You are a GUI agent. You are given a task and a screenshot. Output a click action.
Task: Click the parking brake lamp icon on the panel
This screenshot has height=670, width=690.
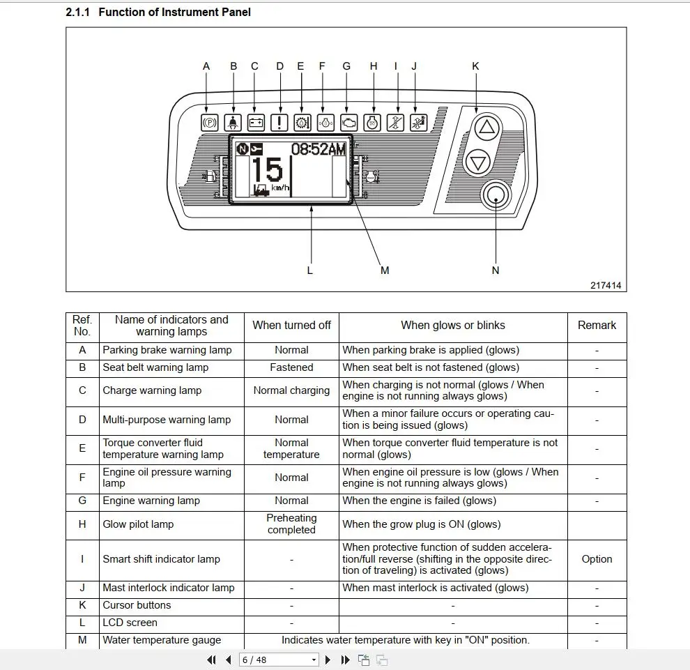pyautogui.click(x=208, y=123)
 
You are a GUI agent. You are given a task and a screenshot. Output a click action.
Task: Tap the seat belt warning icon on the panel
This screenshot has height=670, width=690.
pyautogui.click(x=233, y=123)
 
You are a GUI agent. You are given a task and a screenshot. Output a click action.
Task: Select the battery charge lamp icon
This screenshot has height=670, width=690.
pyautogui.click(x=256, y=123)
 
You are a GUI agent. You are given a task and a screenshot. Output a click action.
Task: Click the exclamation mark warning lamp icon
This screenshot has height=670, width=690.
pyautogui.click(x=279, y=123)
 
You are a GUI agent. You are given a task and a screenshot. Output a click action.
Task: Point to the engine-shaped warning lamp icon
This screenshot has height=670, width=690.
pyautogui.click(x=348, y=123)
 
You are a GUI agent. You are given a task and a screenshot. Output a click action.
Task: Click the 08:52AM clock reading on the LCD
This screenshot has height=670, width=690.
pyautogui.click(x=318, y=149)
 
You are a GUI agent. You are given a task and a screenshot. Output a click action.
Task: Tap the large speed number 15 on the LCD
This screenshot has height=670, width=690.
pyautogui.click(x=267, y=172)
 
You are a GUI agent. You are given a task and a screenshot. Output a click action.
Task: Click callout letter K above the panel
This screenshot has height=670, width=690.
pyautogui.click(x=475, y=66)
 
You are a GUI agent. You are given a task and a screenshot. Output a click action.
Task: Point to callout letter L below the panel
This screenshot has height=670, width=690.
pyautogui.click(x=310, y=270)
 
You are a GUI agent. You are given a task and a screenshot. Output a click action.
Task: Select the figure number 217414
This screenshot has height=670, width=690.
pyautogui.click(x=606, y=285)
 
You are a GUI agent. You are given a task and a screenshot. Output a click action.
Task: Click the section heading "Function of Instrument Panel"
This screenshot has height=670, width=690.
pyautogui.click(x=174, y=12)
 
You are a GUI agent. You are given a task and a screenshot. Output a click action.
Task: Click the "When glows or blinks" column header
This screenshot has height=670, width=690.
pyautogui.click(x=453, y=325)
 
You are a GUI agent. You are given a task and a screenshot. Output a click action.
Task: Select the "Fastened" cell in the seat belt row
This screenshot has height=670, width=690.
pyautogui.click(x=291, y=367)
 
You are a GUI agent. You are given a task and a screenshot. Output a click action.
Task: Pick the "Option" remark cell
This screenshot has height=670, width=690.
pyautogui.click(x=597, y=559)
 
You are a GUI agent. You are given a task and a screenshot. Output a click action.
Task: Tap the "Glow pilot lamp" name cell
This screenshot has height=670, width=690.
pyautogui.click(x=138, y=524)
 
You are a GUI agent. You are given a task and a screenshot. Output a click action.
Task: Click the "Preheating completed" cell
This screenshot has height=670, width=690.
pyautogui.click(x=291, y=524)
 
